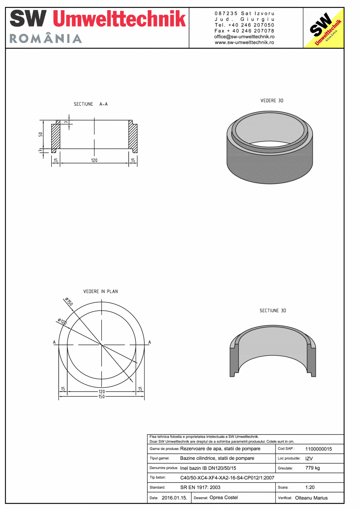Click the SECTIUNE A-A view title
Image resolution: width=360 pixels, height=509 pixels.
point(91,104)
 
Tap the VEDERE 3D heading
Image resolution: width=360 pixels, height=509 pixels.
point(272,101)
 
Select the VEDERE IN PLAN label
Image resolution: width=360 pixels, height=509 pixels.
point(101,291)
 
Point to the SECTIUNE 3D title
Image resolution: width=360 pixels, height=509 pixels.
point(273,311)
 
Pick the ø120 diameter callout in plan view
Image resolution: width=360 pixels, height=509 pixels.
point(62,322)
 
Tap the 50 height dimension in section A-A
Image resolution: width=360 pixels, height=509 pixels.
point(41,134)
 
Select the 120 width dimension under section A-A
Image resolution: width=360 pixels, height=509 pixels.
point(94,160)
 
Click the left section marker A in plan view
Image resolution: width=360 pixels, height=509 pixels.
point(54,342)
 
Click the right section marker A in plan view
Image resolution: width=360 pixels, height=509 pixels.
point(149,342)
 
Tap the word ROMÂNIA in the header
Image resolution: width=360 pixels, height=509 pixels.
point(46,38)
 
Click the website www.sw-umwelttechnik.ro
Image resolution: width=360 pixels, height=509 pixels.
point(244,42)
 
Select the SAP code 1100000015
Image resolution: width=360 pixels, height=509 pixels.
point(318,449)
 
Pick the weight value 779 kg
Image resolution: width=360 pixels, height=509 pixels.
point(312,468)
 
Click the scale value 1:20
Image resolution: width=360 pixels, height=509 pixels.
point(310,487)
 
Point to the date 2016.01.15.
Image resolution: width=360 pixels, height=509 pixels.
point(174,498)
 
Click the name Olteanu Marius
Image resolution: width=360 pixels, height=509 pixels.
point(311,498)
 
